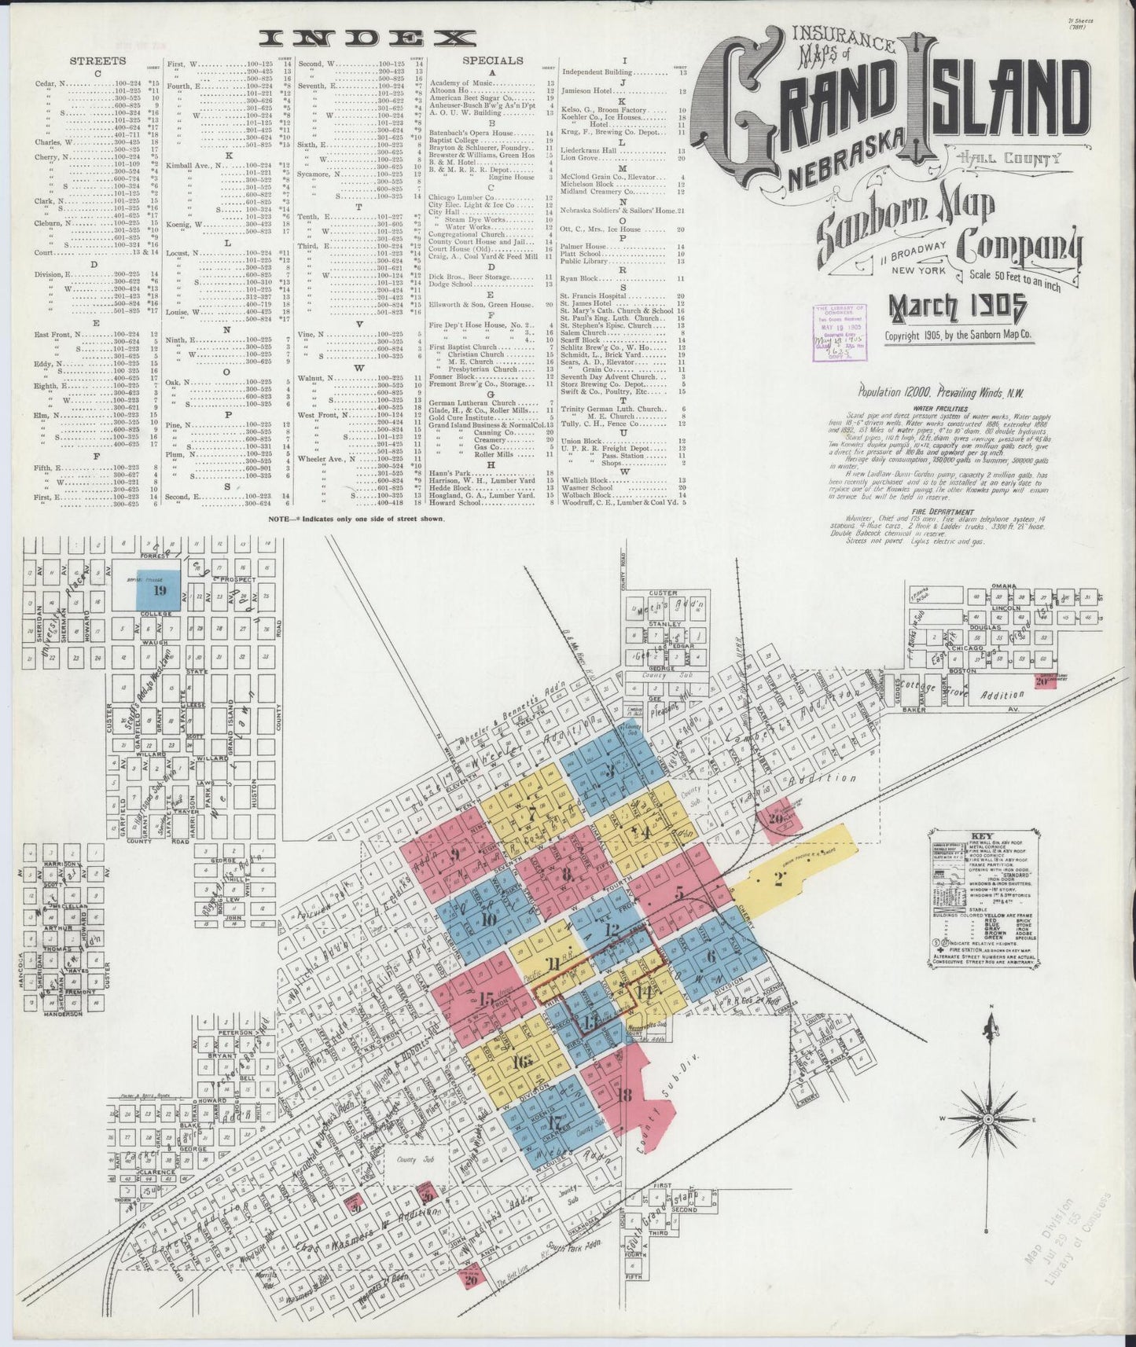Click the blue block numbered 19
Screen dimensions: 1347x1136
(x=160, y=590)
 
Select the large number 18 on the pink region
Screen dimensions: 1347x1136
(x=626, y=1095)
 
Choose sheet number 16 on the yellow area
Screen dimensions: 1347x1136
(x=521, y=1062)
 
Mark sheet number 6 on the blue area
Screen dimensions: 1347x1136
(x=711, y=956)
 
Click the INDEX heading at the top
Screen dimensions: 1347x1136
(x=368, y=38)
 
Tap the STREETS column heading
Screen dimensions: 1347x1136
(x=97, y=61)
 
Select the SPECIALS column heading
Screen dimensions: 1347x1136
(x=492, y=60)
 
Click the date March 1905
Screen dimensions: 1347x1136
(x=957, y=308)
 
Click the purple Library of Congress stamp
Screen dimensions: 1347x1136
(x=840, y=332)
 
